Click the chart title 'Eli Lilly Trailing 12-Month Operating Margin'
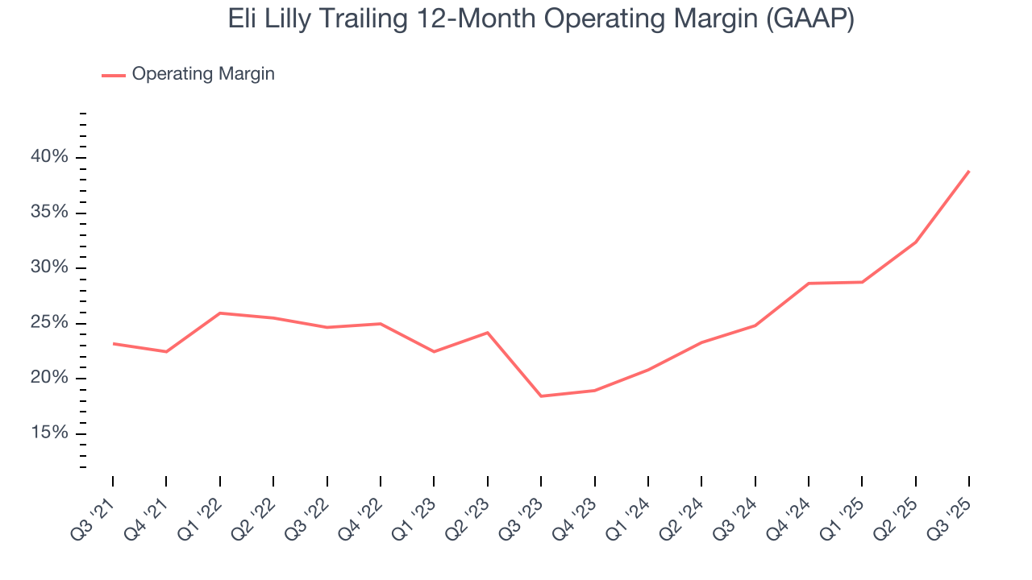pos(541,19)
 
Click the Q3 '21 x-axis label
pos(95,512)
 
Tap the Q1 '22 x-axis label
pos(202,512)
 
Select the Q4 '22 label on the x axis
pos(363,512)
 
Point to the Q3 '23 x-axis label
pos(523,512)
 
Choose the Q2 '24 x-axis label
pos(684,512)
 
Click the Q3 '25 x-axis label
pos(951,512)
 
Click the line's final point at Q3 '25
pos(968,171)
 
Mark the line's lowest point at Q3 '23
pos(541,396)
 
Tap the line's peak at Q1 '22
pos(220,313)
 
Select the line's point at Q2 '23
pos(488,333)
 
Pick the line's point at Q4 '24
pos(809,284)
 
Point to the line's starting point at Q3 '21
pos(113,344)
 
